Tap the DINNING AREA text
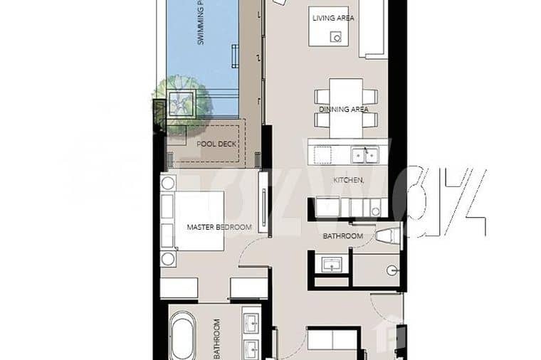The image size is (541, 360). click(344, 110)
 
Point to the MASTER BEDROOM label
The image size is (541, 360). click(219, 228)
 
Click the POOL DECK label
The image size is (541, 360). click(216, 143)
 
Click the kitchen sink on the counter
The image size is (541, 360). click(369, 153)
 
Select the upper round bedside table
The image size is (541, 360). click(169, 183)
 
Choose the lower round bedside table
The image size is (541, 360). click(169, 258)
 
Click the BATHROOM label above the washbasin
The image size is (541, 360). click(343, 236)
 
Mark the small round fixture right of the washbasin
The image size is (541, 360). click(392, 270)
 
